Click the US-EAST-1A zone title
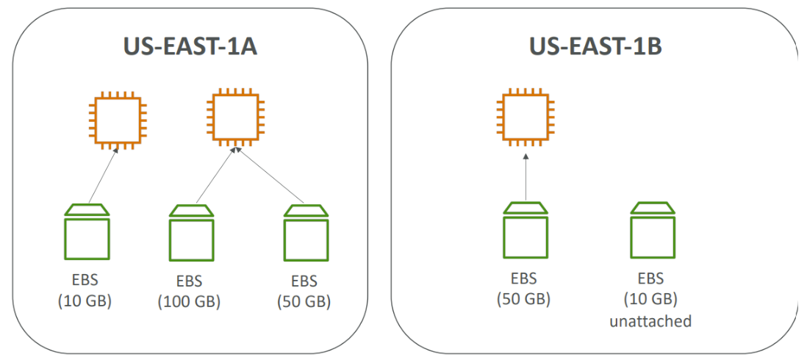190,47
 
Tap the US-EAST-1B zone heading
595,47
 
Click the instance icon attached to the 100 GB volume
235,116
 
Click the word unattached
650,322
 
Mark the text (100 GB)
190,302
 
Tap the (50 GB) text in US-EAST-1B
523,298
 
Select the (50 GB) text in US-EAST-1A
304,302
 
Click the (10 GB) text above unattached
650,298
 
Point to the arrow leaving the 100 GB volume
215,175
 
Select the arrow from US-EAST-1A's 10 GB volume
104,174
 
